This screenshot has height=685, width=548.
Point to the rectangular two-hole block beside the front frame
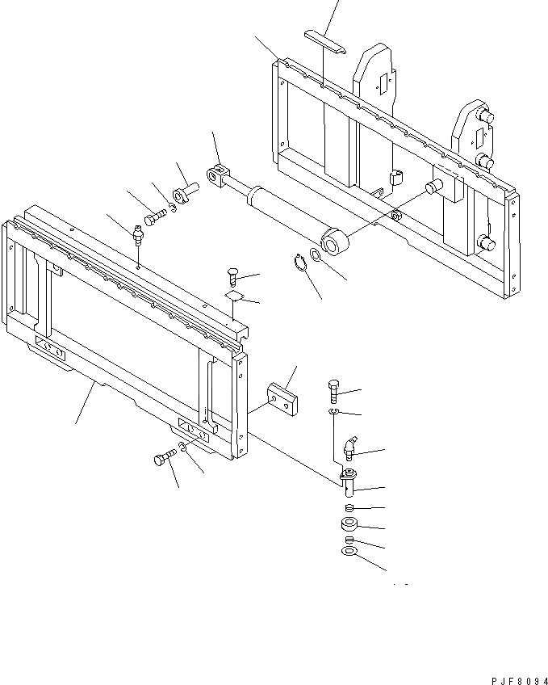[282, 398]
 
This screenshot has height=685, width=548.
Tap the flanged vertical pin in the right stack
[349, 483]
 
